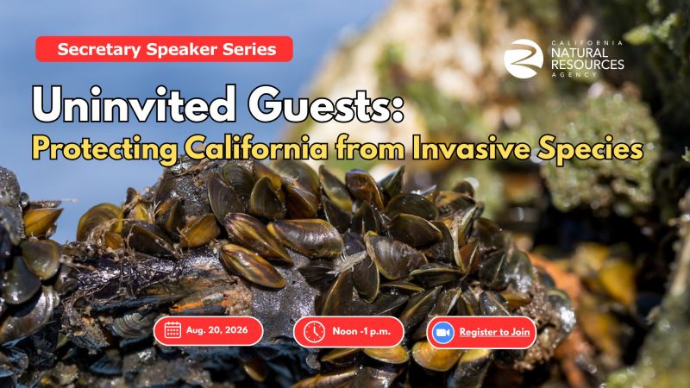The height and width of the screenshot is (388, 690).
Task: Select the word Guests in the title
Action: (326, 104)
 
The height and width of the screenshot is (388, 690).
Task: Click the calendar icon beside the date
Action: (172, 330)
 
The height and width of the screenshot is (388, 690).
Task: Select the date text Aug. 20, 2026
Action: (217, 330)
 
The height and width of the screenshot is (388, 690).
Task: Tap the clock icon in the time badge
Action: (314, 332)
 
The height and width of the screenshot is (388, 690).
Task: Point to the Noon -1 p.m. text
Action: (361, 331)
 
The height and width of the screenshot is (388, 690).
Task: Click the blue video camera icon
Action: (442, 333)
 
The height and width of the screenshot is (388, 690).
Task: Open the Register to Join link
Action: (494, 332)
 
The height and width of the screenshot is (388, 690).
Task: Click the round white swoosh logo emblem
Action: (524, 59)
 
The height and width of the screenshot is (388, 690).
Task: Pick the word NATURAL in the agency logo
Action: (580, 53)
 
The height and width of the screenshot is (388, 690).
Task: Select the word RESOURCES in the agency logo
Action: (587, 65)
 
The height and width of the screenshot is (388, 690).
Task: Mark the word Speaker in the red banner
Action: (182, 49)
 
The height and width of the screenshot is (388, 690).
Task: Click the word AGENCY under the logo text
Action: (574, 75)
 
